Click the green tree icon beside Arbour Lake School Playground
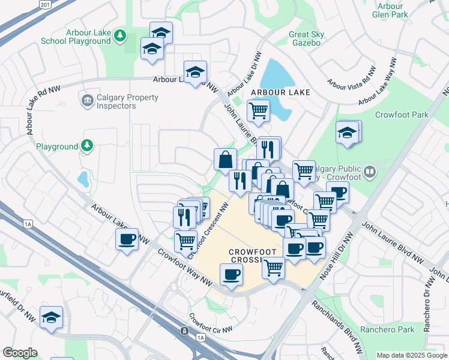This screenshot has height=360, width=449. pos(121,36)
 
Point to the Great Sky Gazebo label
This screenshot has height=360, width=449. pos(306,39)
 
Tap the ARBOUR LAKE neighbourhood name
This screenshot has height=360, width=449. pos(280,92)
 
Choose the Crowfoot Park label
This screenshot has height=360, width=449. pos(402,115)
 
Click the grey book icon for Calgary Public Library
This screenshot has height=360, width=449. pos(370,172)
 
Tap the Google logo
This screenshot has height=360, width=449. pos(20,353)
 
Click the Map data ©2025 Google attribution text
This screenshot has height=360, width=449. pos(412,355)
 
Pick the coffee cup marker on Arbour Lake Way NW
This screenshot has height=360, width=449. pos(127,240)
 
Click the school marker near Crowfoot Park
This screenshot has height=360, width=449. pos(347,133)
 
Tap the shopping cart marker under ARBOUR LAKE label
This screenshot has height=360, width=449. pos(258,110)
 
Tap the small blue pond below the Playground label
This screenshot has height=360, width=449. pos(82,178)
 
